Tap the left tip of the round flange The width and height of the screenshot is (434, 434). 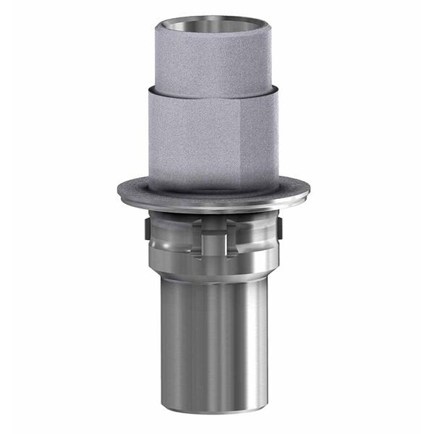tap(119, 191)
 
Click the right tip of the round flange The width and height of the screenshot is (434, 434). tap(309, 191)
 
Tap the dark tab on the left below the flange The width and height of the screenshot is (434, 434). tap(148, 230)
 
